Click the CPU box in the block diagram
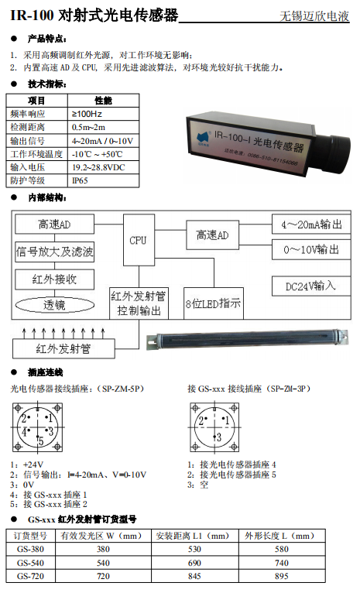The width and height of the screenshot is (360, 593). pyautogui.click(x=138, y=241)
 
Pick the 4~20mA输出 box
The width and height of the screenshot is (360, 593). pyautogui.click(x=311, y=224)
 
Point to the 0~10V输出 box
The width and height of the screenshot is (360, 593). pyautogui.click(x=311, y=249)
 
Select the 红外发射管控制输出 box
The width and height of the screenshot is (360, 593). pyautogui.click(x=139, y=303)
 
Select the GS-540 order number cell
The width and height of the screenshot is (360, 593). pyautogui.click(x=31, y=564)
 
